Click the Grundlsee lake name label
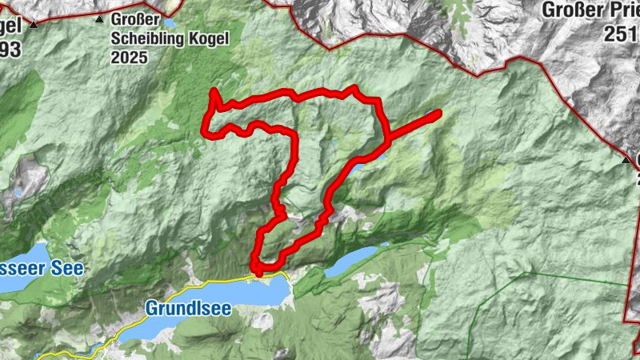[x=188, y=308]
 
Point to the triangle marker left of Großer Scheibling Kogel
[x=99, y=19]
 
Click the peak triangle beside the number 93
[x=34, y=26]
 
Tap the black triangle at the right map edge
[x=627, y=160]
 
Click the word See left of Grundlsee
[x=67, y=268]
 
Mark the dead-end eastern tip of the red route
[x=438, y=114]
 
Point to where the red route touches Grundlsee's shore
[x=258, y=274]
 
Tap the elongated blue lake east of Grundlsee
[x=350, y=261]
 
